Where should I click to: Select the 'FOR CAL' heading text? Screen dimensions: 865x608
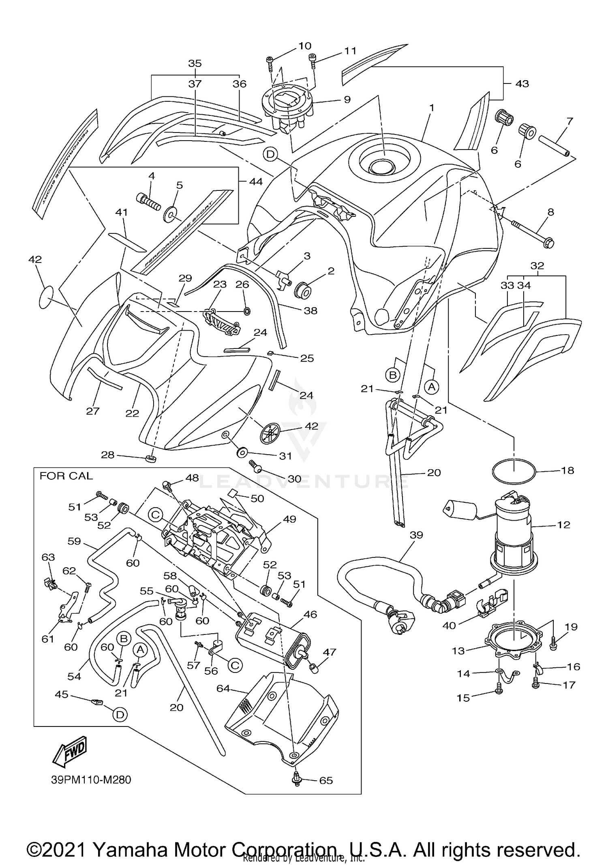point(66,476)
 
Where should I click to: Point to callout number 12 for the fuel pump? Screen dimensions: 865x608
point(563,525)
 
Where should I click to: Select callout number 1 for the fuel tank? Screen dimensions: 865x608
point(432,108)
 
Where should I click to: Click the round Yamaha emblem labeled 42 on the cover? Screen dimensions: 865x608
point(270,433)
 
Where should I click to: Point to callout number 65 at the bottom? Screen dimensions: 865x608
point(326,780)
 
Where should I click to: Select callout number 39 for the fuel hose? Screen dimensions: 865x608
point(416,535)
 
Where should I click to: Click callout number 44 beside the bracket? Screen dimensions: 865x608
point(256,182)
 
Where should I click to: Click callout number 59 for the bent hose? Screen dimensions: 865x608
point(75,541)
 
